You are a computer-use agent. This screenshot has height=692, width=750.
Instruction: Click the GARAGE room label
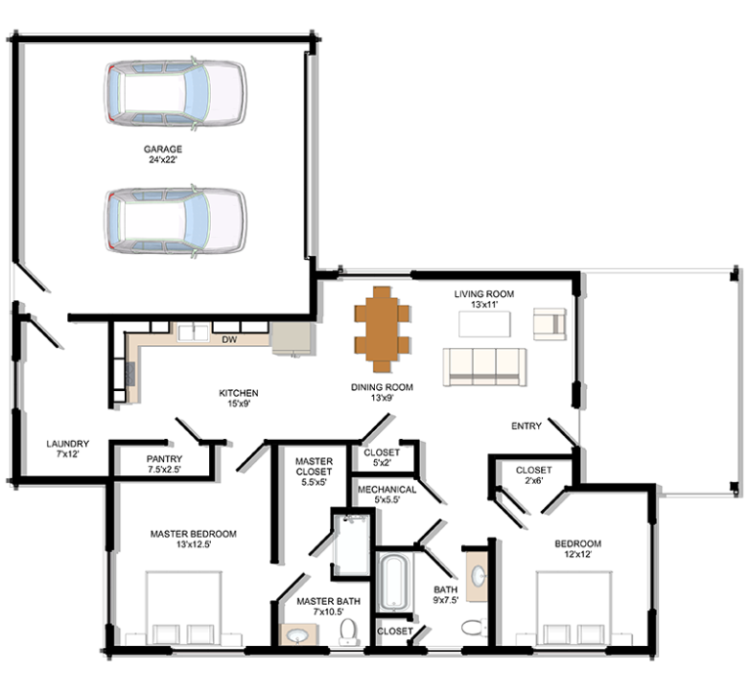coord(163,149)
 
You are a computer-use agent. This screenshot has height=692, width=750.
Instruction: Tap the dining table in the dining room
coord(382,329)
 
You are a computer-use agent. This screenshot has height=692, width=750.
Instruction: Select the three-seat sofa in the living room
coord(484,367)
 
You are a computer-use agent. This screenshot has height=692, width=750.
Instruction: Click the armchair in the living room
coord(550,324)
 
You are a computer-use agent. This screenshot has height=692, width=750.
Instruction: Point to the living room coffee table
coord(484,324)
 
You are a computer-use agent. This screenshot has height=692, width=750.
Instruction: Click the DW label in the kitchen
coord(229,340)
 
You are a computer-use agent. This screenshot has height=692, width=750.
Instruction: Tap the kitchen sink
coord(193,332)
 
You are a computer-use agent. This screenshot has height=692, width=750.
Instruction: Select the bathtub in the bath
coord(394,582)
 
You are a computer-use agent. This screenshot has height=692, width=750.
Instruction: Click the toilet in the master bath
coord(349,631)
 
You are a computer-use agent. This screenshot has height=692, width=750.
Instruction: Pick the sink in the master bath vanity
coord(298,635)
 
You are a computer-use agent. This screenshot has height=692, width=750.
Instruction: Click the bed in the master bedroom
coord(185,607)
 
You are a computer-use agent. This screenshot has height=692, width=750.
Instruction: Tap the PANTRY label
coord(164,459)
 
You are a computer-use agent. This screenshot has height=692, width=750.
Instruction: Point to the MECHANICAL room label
coord(387,490)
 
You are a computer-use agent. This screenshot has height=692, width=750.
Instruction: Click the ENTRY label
coord(526,426)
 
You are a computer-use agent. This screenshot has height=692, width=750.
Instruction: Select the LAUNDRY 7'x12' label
coord(67,449)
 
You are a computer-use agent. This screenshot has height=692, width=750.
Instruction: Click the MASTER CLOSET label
coord(313,466)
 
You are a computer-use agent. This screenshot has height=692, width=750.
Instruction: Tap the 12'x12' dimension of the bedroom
coord(578,554)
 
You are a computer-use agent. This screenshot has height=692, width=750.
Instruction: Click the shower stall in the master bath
coord(352,545)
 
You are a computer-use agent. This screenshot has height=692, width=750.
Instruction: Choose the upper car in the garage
coord(176,93)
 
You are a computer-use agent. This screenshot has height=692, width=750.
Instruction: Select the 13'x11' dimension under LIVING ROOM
coord(484,304)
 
